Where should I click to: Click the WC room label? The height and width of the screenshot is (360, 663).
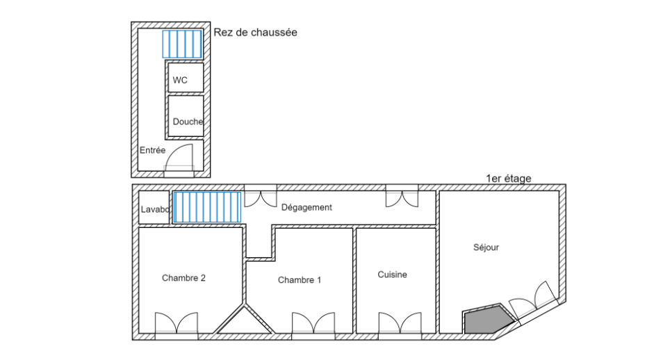tap(180, 80)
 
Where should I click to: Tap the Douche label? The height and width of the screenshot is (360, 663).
tap(188, 122)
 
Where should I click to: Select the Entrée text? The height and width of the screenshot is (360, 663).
tap(152, 150)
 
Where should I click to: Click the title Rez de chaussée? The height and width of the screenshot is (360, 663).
tap(256, 32)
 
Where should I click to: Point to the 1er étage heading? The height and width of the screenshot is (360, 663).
tap(508, 179)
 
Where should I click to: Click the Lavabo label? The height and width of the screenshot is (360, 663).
tap(155, 208)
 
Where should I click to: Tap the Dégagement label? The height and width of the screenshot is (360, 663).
tap(306, 207)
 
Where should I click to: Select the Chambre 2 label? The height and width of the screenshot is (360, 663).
tap(183, 278)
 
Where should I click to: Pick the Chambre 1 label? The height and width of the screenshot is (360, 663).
tap(300, 280)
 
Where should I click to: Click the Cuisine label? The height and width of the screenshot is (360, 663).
tap(392, 275)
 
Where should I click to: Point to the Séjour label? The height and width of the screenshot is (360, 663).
tap(486, 247)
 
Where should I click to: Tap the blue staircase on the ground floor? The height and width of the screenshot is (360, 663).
tap(182, 44)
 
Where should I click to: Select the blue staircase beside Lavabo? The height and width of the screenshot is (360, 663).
tap(206, 208)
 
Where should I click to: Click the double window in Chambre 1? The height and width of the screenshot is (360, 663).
tap(313, 324)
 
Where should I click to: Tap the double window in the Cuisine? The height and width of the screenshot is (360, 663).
tap(400, 324)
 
